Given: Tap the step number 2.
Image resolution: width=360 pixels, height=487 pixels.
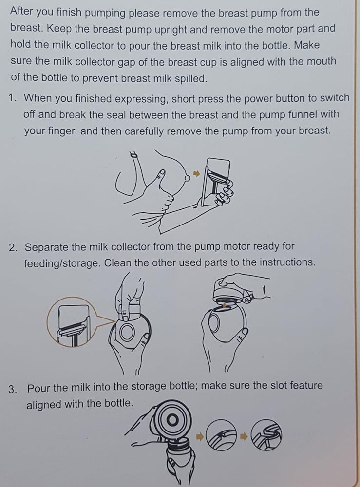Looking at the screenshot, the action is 13,248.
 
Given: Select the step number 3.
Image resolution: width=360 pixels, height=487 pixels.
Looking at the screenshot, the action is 13,389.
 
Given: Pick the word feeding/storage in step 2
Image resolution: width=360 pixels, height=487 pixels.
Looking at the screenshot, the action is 62,263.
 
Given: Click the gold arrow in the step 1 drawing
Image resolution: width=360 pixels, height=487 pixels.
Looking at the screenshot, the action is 196,173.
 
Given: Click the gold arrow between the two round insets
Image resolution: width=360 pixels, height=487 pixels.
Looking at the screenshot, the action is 244,436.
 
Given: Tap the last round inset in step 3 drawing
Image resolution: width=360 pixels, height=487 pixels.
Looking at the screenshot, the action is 266,435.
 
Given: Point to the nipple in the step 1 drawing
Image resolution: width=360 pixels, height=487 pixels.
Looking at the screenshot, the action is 187,177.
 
